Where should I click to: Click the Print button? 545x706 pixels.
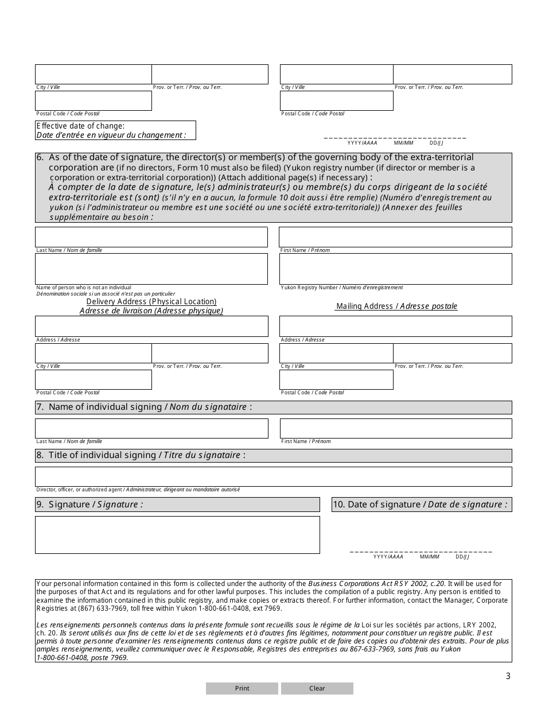[242, 688]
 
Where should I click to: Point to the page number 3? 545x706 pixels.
[508, 676]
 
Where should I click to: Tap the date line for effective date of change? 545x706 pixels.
[395, 138]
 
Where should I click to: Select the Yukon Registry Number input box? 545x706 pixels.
[395, 269]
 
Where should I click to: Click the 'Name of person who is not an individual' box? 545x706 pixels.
[151, 269]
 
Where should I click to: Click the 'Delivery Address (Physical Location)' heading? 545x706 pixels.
[151, 302]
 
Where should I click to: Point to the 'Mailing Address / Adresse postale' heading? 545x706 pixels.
[396, 306]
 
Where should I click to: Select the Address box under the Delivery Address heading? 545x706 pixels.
[151, 326]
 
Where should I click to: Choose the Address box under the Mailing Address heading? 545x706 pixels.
[395, 326]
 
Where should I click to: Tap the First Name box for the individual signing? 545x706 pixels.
[395, 428]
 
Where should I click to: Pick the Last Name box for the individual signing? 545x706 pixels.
[151, 428]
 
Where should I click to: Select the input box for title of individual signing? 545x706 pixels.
[273, 476]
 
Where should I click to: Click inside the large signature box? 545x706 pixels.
[177, 534]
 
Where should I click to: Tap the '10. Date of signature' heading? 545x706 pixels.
[422, 505]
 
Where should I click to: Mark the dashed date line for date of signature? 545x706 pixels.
[421, 551]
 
